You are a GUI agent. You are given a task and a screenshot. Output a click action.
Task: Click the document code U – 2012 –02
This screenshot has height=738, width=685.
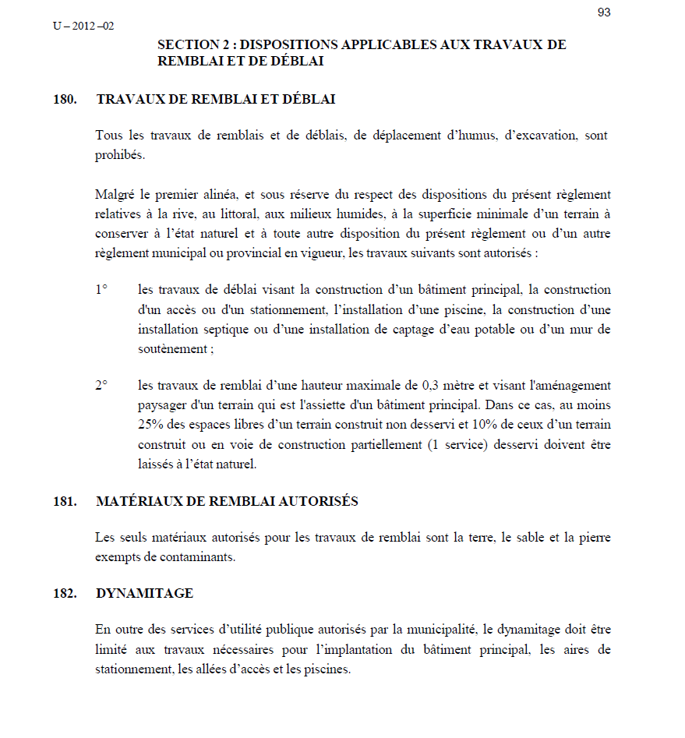(83, 26)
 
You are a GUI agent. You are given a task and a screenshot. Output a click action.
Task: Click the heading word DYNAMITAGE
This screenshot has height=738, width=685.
(144, 593)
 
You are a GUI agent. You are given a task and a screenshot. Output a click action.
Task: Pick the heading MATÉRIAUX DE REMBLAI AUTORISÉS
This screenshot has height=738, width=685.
(227, 501)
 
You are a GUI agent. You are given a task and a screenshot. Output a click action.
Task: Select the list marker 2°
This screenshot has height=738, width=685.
(101, 386)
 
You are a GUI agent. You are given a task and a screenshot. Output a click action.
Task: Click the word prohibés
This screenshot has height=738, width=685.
(119, 154)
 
